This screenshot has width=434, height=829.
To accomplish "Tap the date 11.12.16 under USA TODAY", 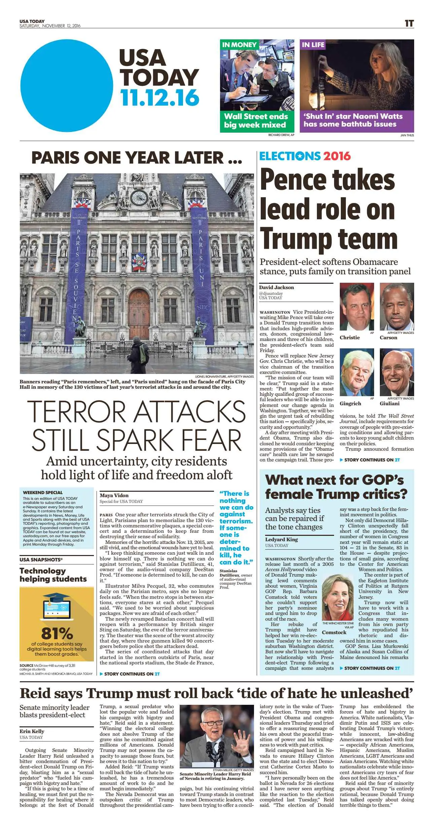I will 160,98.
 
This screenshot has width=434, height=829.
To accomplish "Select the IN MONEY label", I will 239,45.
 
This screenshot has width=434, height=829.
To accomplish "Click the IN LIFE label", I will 313,45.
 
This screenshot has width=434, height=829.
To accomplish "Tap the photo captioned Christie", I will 357,307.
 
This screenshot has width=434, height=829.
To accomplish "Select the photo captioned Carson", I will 397,307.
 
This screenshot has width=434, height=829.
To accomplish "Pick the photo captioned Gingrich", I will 357,373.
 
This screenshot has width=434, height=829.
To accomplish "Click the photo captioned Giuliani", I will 397,373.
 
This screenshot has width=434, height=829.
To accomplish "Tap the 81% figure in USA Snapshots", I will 57,633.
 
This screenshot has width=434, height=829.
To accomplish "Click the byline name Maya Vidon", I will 114,495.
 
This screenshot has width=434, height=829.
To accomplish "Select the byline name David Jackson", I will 277,287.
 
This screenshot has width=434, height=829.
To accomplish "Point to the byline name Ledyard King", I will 281,540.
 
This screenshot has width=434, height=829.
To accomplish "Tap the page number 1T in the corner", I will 409,24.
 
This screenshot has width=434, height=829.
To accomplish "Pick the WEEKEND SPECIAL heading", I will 43,492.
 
